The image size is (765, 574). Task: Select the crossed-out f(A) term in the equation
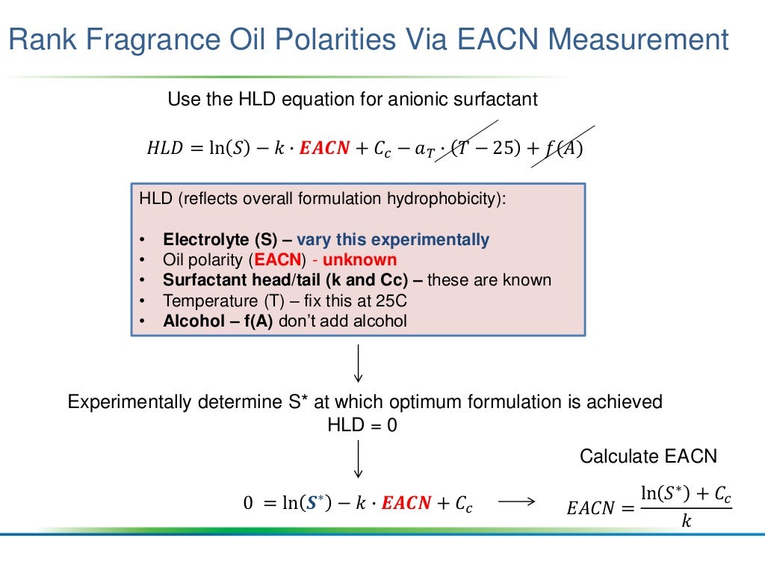[x=564, y=148]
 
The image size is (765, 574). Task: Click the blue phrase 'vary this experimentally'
[x=393, y=240]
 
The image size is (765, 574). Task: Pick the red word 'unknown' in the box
[x=360, y=260]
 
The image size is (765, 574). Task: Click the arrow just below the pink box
[x=359, y=362]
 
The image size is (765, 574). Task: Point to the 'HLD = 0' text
[x=362, y=425]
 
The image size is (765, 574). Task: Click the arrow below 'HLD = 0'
[x=359, y=459]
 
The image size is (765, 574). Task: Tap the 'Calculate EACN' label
[x=648, y=456]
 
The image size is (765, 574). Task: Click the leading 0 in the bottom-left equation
[x=249, y=504]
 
